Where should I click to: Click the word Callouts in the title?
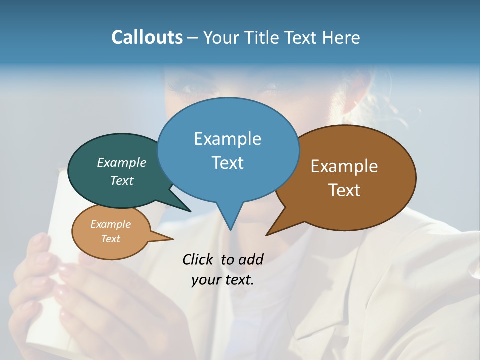(x=147, y=37)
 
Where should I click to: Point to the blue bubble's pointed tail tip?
(x=230, y=229)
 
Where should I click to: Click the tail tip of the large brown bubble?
(x=267, y=235)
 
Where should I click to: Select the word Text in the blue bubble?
(x=227, y=162)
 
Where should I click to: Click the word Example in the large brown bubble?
(x=344, y=166)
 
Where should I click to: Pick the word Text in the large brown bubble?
(x=344, y=190)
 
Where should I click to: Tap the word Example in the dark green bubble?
(x=122, y=162)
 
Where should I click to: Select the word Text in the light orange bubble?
(x=111, y=239)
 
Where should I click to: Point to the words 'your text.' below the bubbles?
(x=223, y=280)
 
